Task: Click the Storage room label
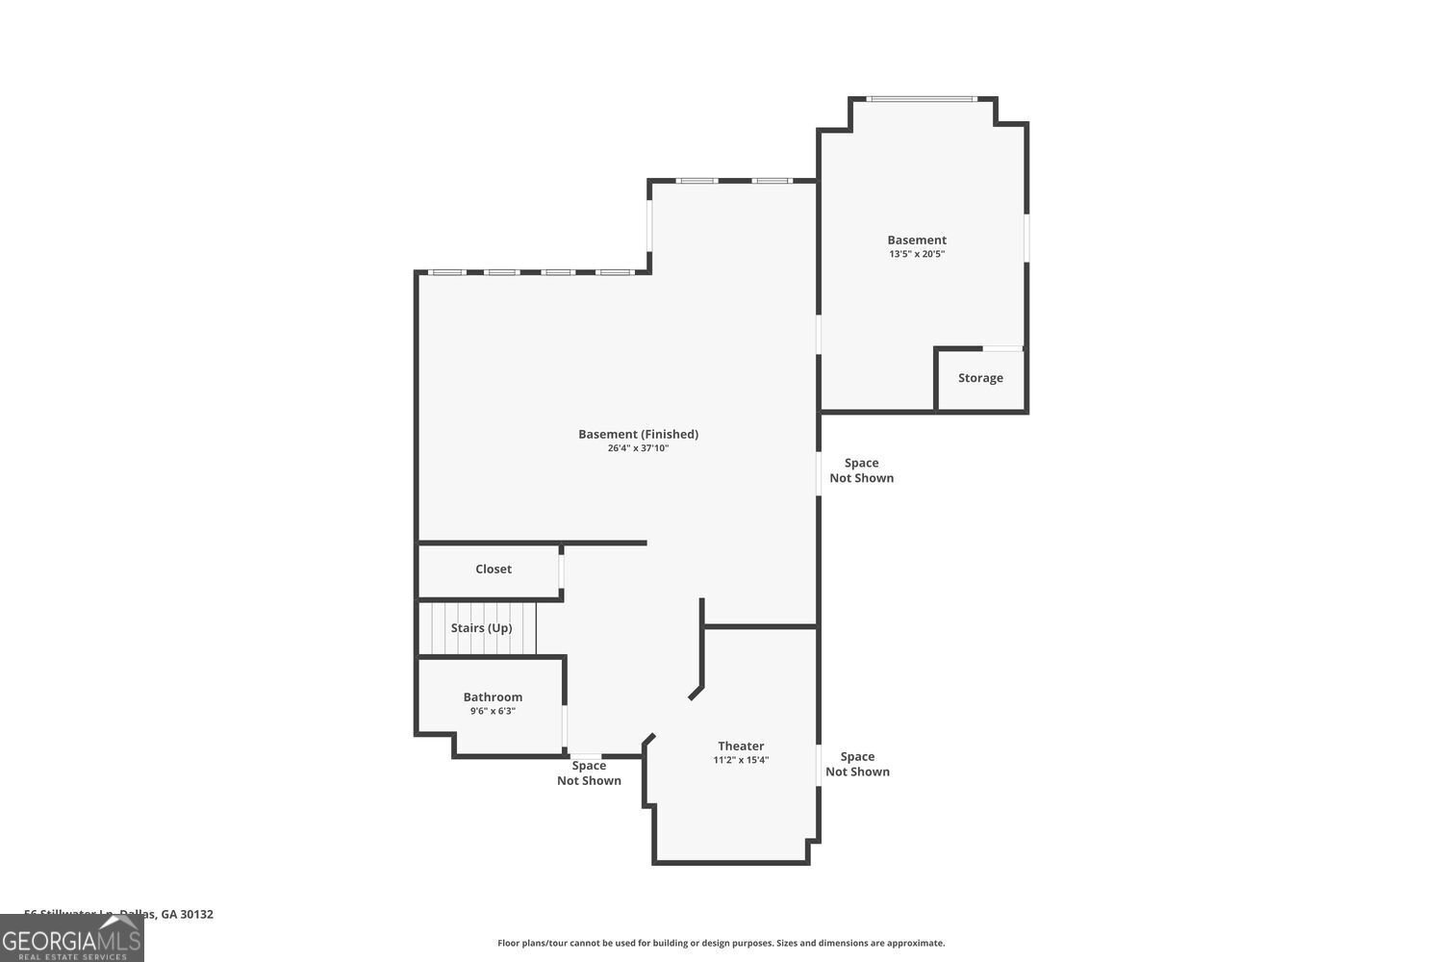(980, 378)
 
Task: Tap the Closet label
(494, 570)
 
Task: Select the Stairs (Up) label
(481, 628)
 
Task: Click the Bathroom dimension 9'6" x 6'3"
(493, 712)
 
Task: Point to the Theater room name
(741, 747)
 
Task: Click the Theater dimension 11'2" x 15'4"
(741, 760)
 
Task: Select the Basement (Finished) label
(638, 435)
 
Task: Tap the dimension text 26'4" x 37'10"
(638, 448)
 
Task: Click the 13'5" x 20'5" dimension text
(917, 254)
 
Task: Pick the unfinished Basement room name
(917, 240)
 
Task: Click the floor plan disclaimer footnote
(721, 944)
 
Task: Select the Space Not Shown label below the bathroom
(589, 773)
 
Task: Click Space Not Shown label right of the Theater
(857, 765)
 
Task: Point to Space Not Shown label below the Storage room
(861, 470)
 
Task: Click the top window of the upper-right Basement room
(922, 98)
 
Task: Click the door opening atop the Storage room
(1002, 348)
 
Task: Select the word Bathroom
(493, 697)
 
